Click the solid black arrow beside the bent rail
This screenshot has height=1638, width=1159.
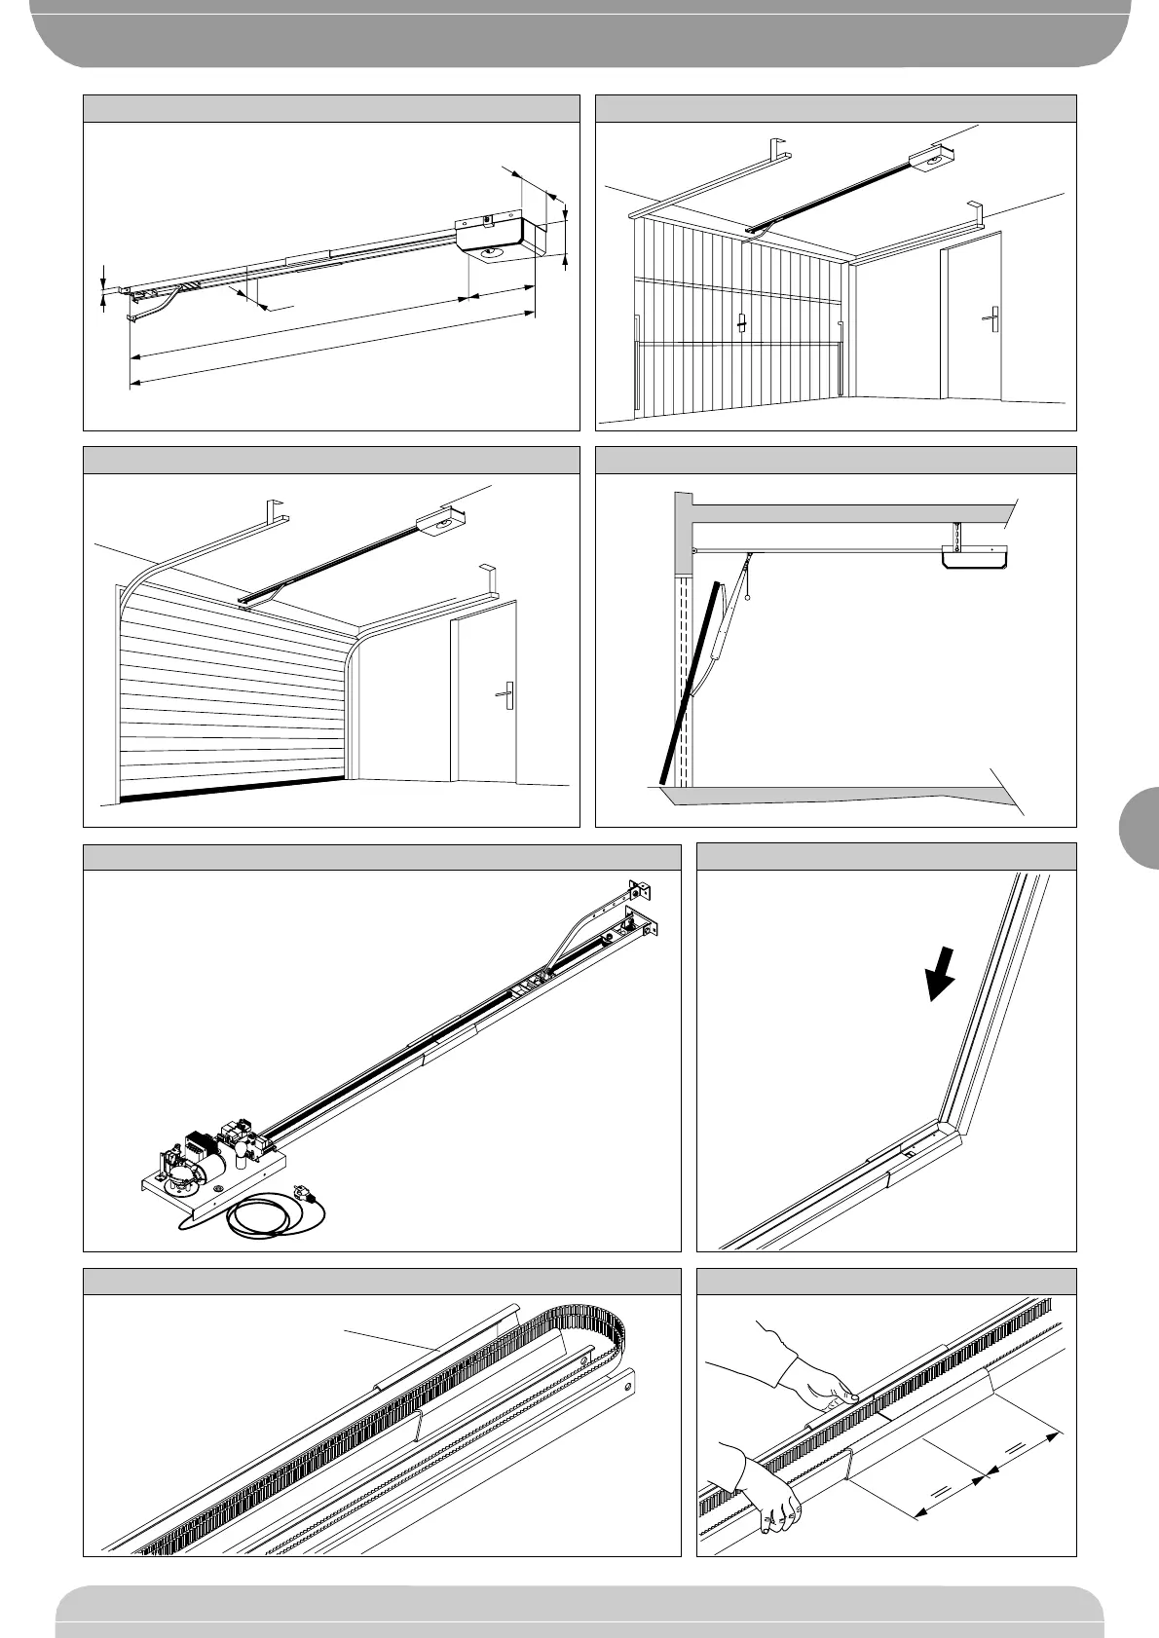pyautogui.click(x=941, y=974)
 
